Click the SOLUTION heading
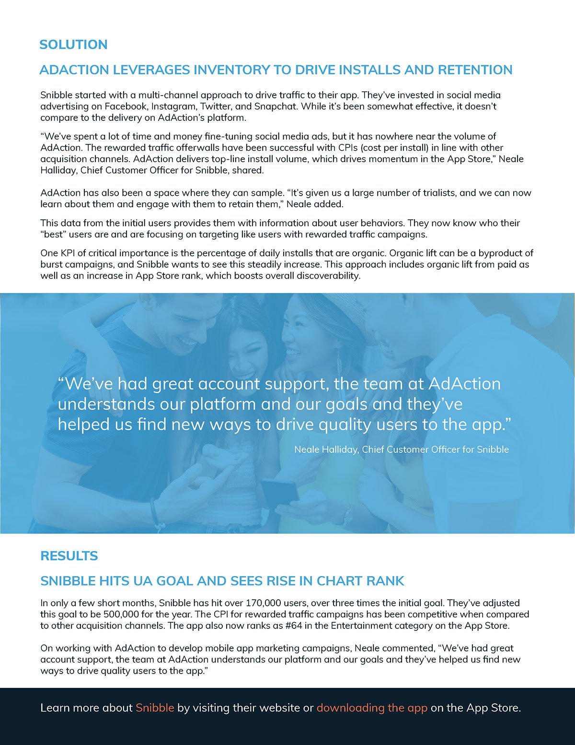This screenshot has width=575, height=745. pyautogui.click(x=73, y=45)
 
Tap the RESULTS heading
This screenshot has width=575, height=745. pyautogui.click(x=69, y=556)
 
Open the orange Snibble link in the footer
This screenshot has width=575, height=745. pyautogui.click(x=155, y=708)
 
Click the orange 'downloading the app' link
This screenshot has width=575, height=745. pyautogui.click(x=372, y=708)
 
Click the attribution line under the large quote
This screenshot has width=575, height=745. pyautogui.click(x=402, y=449)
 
